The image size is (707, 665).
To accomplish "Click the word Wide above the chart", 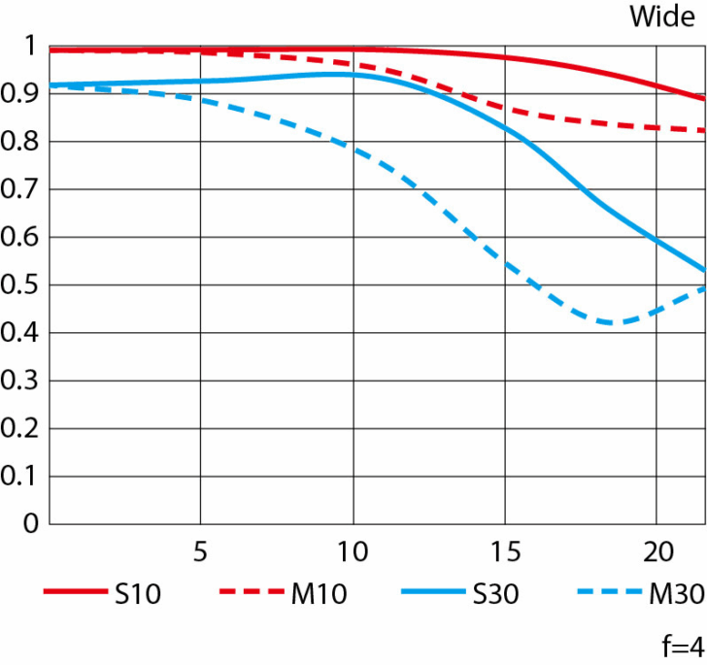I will tap(662, 17).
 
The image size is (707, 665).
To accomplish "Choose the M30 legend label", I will tap(675, 594).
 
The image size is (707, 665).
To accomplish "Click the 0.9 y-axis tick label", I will tap(22, 94).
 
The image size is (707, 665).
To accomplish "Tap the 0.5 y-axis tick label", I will tap(22, 285).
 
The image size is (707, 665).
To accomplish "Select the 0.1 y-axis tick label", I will tap(22, 477).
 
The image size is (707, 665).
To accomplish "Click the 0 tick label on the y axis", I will tap(30, 524).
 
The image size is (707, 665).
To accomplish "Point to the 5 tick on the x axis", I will tap(200, 550).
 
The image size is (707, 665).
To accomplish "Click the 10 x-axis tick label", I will tap(352, 550).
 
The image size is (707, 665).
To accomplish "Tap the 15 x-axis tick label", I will tap(504, 550).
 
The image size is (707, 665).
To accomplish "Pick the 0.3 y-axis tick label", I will tap(22, 382).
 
